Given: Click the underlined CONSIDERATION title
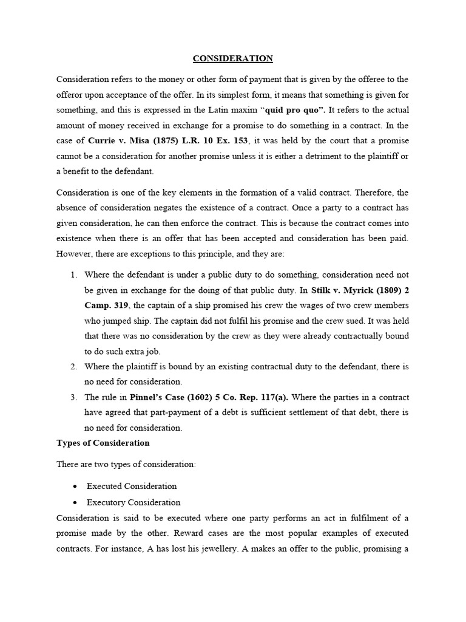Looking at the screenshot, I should (x=233, y=58).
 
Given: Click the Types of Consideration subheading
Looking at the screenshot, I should (x=103, y=443).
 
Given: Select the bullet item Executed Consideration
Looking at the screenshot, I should (x=132, y=486).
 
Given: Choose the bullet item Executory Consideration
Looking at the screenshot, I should (x=133, y=502).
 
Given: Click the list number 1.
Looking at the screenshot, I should (x=73, y=275).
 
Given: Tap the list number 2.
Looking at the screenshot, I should (x=73, y=366).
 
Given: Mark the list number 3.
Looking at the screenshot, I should (x=73, y=397).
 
